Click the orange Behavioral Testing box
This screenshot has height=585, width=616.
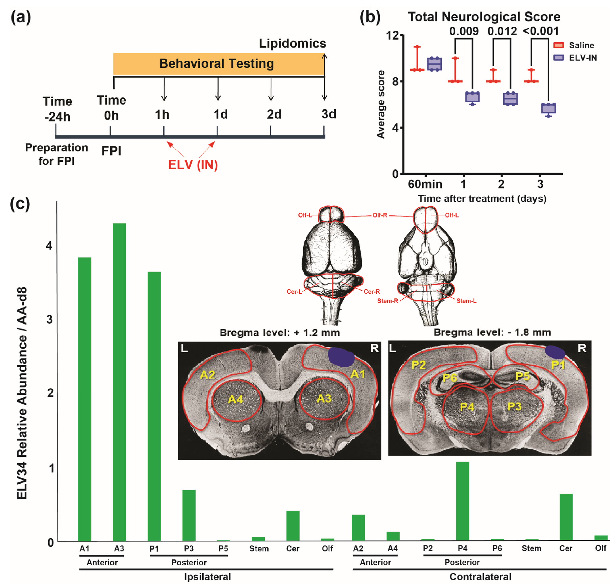point(218,64)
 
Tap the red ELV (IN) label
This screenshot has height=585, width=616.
point(193,165)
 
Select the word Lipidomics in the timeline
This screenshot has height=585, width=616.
point(292,43)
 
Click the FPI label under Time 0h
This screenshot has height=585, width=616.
point(111,151)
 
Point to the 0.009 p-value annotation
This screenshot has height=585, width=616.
point(464,31)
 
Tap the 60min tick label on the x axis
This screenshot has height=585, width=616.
point(425,184)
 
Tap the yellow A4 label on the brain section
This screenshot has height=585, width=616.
point(236,399)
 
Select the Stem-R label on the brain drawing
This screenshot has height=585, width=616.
point(387,301)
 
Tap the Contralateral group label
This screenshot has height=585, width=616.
point(480,577)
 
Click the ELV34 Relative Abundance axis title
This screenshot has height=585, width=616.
point(22,393)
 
